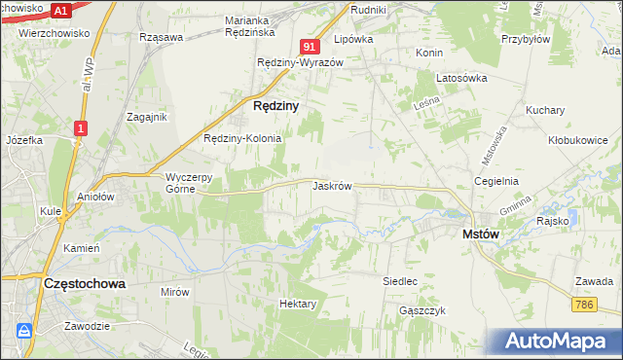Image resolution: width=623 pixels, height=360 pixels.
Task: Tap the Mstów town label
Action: tap(480, 234)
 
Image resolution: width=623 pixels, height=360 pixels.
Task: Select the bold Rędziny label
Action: tap(275, 105)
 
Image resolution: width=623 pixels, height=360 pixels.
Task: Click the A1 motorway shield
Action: tap(60, 11)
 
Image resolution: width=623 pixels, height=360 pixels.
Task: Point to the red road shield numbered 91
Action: tap(310, 47)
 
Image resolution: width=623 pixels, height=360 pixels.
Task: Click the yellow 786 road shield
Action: tap(583, 306)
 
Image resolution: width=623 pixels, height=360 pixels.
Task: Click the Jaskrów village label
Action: tap(332, 185)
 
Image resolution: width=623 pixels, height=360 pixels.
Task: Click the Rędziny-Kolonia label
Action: tap(242, 138)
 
